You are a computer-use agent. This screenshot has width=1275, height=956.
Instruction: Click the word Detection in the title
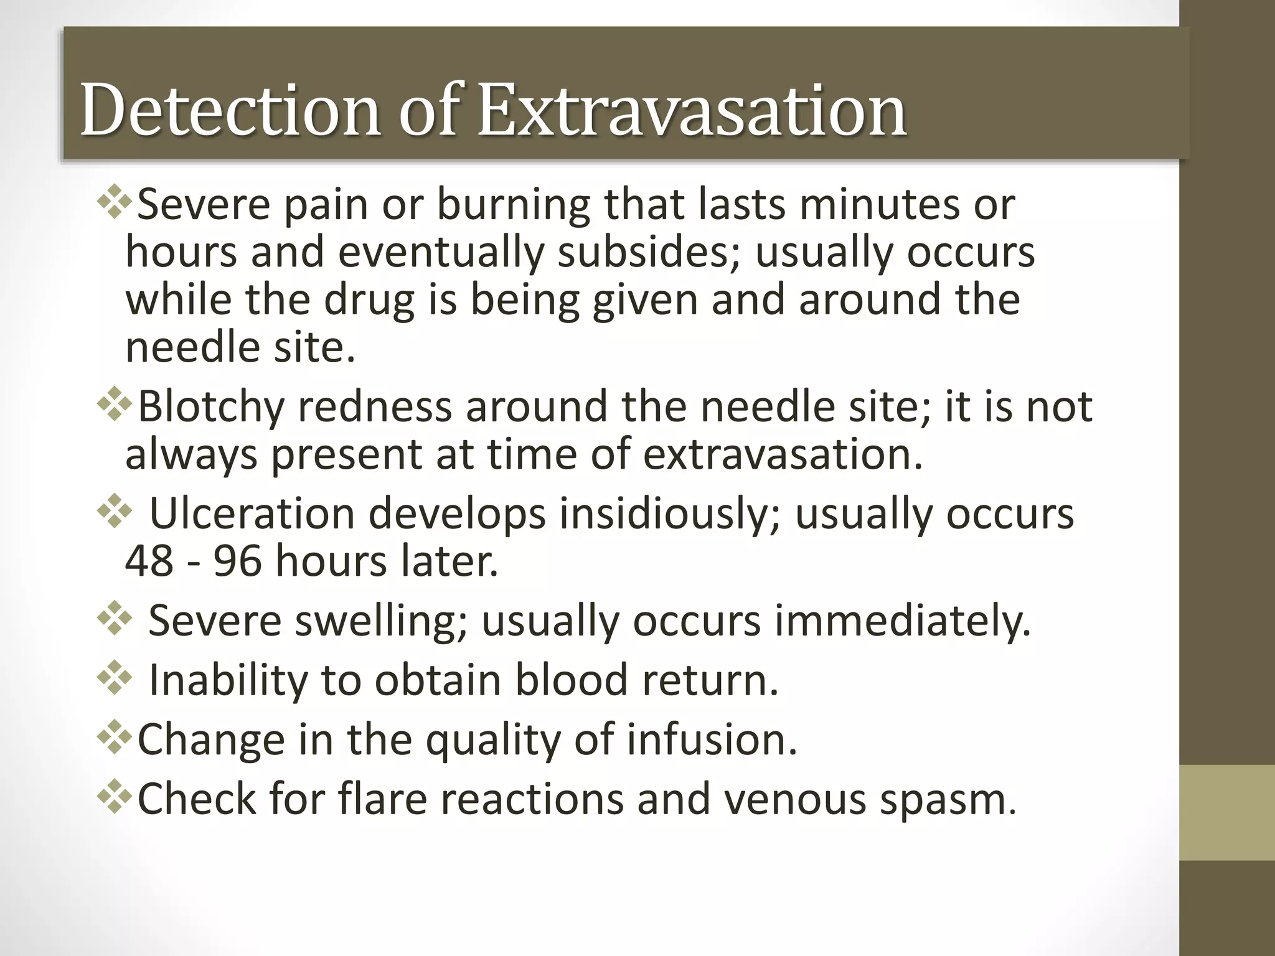click(230, 111)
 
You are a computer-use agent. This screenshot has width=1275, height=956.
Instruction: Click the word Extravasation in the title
click(692, 111)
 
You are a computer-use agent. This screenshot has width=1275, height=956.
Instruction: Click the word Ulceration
click(253, 513)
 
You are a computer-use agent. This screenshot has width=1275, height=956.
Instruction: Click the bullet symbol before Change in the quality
click(115, 738)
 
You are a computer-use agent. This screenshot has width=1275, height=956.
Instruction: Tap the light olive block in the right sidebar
click(1226, 813)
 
